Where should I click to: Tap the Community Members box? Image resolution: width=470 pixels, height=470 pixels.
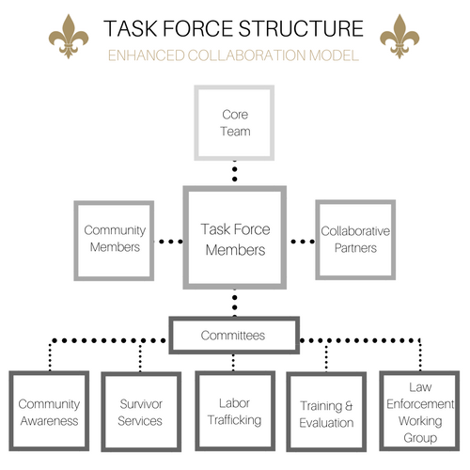tap(113, 239)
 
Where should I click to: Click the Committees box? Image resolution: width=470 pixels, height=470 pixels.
tap(233, 335)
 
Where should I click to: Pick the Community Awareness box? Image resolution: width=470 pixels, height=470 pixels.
tap(48, 413)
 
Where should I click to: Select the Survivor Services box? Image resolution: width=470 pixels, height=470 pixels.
tap(140, 413)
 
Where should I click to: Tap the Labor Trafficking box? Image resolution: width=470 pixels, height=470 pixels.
tap(233, 413)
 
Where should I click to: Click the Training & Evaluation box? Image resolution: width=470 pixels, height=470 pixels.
tap(326, 413)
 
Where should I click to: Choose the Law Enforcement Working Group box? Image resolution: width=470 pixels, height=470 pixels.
tap(419, 413)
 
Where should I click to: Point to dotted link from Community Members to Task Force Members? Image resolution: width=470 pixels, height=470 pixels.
tap(167, 242)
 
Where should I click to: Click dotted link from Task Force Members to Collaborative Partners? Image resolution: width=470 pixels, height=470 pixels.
tap(301, 242)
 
